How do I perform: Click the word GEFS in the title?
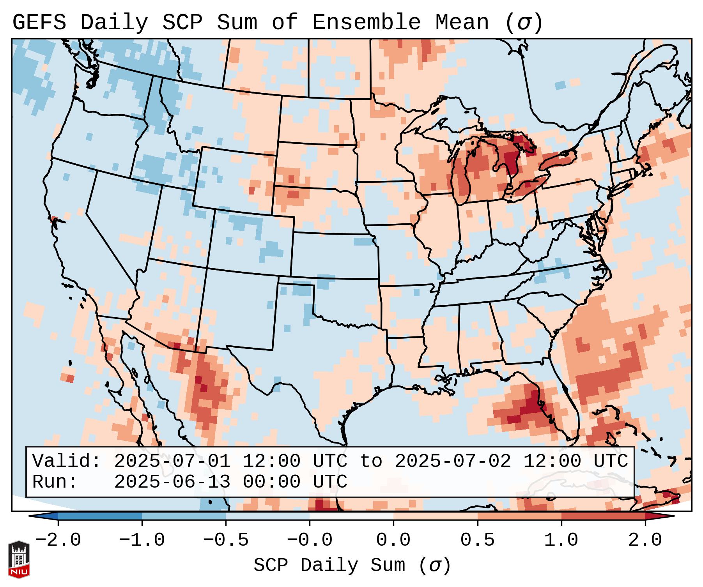[39, 23]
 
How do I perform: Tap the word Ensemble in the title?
[367, 23]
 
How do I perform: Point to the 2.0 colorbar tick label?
[645, 540]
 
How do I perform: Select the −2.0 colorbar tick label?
[58, 540]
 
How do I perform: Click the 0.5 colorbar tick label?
[477, 540]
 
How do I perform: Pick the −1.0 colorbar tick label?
[142, 540]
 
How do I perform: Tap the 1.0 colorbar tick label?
[561, 540]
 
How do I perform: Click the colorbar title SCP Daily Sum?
[329, 565]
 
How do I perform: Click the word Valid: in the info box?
[67, 461]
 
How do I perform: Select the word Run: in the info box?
[55, 482]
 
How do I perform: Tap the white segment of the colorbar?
[351, 516]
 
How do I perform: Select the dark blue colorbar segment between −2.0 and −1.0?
[100, 516]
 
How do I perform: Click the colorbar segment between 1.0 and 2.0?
[603, 516]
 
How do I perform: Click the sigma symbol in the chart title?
[524, 23]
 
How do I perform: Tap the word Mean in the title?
[462, 23]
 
